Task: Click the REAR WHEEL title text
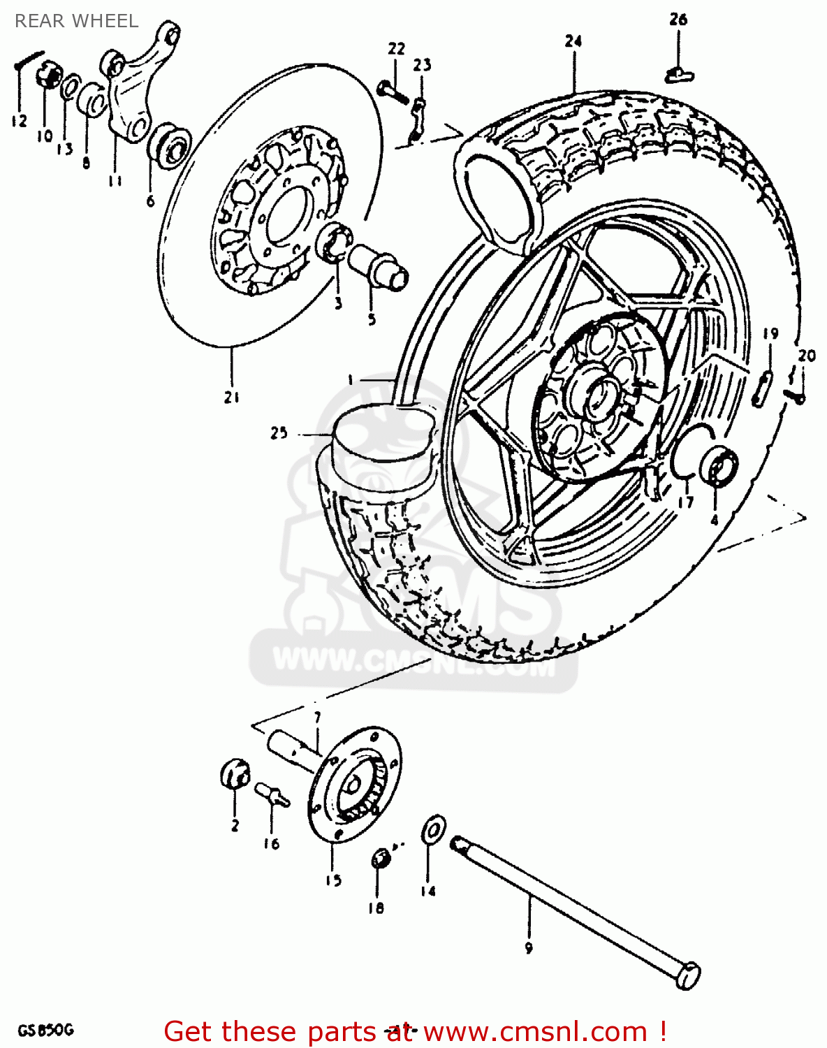[76, 21]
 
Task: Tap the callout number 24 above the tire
[573, 41]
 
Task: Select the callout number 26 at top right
[678, 20]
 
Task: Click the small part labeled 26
[677, 73]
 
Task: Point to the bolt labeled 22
[392, 92]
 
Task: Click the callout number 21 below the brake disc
[232, 397]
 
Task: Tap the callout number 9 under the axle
[529, 948]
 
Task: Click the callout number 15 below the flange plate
[334, 880]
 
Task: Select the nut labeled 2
[235, 773]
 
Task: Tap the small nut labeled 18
[380, 857]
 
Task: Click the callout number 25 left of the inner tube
[279, 433]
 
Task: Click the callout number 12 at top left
[19, 121]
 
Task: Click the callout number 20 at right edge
[806, 356]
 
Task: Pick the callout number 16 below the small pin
[271, 844]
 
